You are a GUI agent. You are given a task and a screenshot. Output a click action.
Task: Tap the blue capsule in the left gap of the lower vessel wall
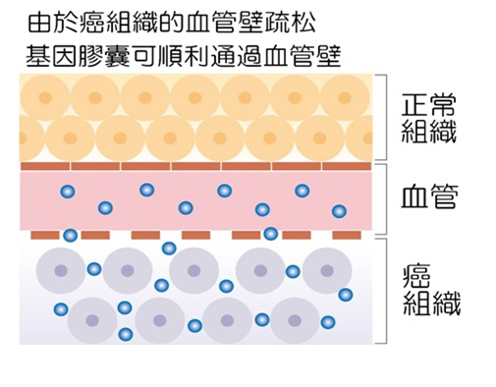coord(71,236)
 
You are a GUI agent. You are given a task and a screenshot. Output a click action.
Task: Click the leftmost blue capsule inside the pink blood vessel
coord(68,191)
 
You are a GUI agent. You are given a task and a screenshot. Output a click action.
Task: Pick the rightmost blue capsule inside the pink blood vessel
coord(339,210)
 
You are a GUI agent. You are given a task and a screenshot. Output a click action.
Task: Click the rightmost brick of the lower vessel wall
coord(346,236)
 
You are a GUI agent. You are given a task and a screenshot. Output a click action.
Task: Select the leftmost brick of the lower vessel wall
coord(45,236)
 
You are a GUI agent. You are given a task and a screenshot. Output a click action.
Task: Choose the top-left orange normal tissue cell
coord(44,96)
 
